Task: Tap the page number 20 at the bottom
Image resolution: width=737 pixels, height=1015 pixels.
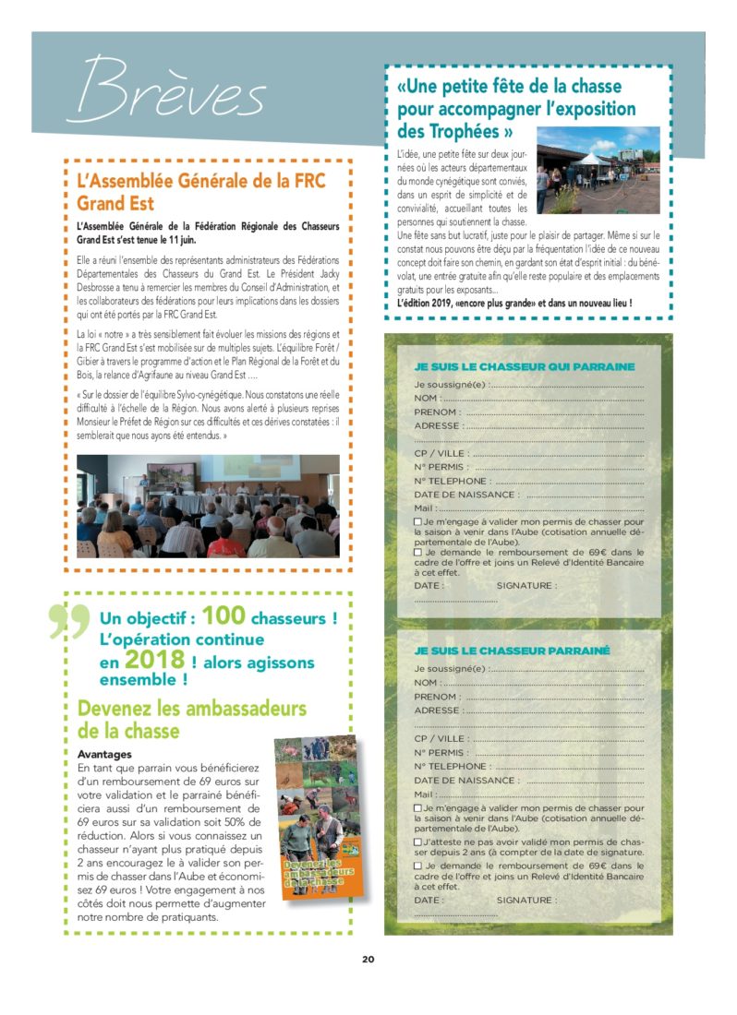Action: pos(368,959)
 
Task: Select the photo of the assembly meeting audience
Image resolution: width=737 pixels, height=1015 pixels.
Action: pos(208,506)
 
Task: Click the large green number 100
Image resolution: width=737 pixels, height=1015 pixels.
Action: pos(236,615)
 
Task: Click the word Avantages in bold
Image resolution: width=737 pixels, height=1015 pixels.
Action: pos(104,754)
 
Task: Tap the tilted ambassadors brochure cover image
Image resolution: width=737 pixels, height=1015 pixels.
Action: pos(315,816)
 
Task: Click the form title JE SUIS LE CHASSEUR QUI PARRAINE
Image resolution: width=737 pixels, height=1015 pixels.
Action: pos(525,366)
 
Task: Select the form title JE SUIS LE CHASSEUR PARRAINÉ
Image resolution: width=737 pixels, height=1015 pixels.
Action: pos(513,651)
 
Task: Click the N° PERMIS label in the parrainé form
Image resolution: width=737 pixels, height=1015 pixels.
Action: pos(439,752)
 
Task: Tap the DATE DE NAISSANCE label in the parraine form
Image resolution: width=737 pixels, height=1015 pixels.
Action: pos(465,496)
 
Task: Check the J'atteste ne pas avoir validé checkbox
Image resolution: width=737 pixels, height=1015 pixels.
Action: pos(418,842)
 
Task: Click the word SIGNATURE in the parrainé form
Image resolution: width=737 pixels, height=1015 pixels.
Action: pos(526,900)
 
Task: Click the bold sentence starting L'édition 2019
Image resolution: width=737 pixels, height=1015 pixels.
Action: pos(514,303)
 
